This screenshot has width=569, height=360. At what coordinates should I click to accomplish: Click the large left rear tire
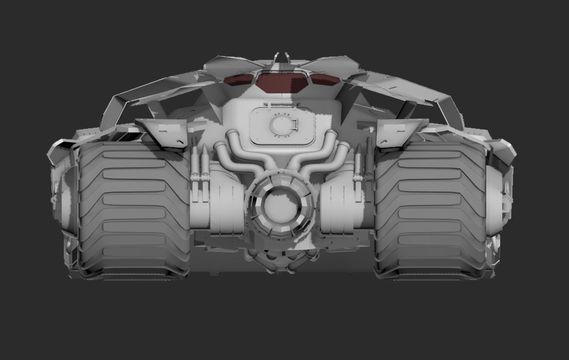[133, 211]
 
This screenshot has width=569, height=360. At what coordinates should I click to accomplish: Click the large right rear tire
[431, 211]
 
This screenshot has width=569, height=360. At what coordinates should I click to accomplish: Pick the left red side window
[239, 79]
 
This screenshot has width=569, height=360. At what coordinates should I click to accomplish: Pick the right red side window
[325, 79]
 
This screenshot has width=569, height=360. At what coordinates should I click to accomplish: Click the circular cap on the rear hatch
[282, 126]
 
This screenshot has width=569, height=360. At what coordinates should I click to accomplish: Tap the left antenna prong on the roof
[275, 57]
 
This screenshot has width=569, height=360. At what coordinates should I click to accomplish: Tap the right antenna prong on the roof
[288, 57]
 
